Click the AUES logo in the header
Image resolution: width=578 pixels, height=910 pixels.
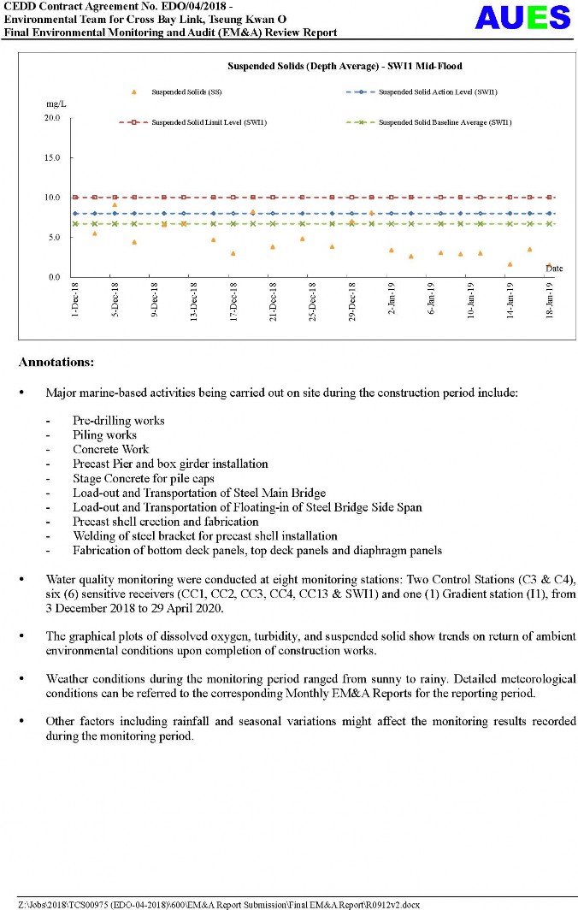pos(522,18)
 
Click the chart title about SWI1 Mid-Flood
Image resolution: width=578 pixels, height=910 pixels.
pos(345,66)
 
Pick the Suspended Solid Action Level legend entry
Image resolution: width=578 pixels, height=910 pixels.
pos(438,92)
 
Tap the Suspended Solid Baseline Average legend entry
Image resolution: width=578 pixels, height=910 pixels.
pos(445,122)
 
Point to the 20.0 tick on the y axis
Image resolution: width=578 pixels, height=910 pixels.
pos(51,118)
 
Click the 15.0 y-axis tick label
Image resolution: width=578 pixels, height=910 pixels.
pos(51,158)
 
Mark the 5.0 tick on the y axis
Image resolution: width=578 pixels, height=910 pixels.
pos(53,238)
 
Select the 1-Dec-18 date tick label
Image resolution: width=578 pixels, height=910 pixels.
pos(75,301)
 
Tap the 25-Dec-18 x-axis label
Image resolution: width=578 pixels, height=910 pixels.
pos(312,301)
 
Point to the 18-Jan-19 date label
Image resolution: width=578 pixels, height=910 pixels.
pos(549,301)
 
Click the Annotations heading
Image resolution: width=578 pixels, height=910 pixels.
pos(56,363)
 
